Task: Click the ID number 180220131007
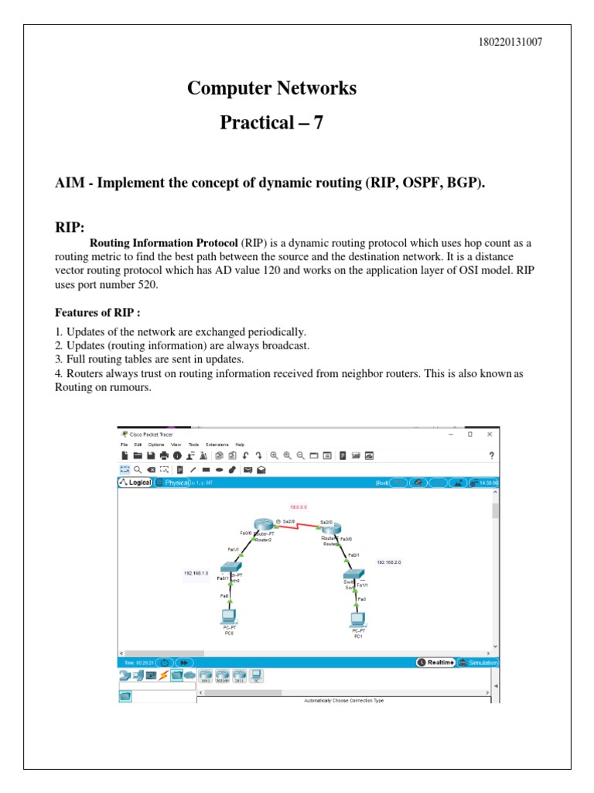pyautogui.click(x=511, y=42)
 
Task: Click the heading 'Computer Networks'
pyautogui.click(x=271, y=88)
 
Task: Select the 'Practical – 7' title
pyautogui.click(x=271, y=122)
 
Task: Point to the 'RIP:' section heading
pyautogui.click(x=70, y=227)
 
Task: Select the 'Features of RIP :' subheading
pyautogui.click(x=97, y=313)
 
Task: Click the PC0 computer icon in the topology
pyautogui.click(x=229, y=617)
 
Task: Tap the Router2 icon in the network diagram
pyautogui.click(x=263, y=527)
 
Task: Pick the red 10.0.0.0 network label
pyautogui.click(x=299, y=506)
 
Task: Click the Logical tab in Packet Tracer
pyautogui.click(x=135, y=482)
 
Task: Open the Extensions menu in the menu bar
pyautogui.click(x=217, y=445)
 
